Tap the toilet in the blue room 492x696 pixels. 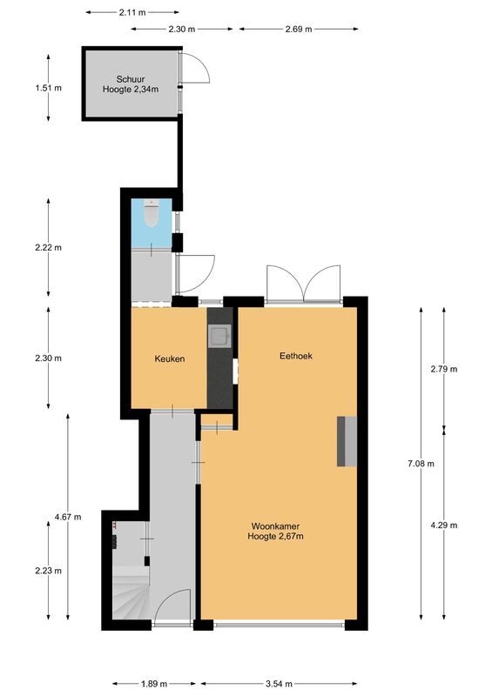click(x=151, y=212)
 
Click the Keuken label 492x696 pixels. click(x=170, y=358)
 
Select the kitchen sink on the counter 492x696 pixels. click(x=219, y=334)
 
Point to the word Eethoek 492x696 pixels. click(x=296, y=356)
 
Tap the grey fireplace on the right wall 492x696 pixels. click(x=347, y=441)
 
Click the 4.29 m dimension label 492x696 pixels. click(x=444, y=525)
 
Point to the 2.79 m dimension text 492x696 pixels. click(x=444, y=369)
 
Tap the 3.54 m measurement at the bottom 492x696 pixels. click(x=279, y=683)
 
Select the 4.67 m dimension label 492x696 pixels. click(x=68, y=517)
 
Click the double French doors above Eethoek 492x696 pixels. click(x=304, y=284)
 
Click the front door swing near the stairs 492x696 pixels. click(x=174, y=607)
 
